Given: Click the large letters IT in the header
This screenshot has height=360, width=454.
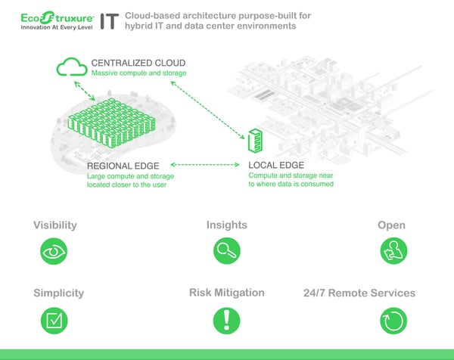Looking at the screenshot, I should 109,20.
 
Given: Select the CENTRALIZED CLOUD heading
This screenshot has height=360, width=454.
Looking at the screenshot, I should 138,62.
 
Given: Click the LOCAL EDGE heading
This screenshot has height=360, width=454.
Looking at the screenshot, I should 277,165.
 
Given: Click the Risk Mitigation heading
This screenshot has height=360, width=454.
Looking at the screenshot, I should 227,293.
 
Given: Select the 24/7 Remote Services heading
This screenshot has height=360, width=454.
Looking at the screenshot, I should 359,293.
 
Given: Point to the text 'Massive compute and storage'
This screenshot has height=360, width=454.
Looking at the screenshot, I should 138,73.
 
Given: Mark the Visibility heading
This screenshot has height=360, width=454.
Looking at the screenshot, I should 55,225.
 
